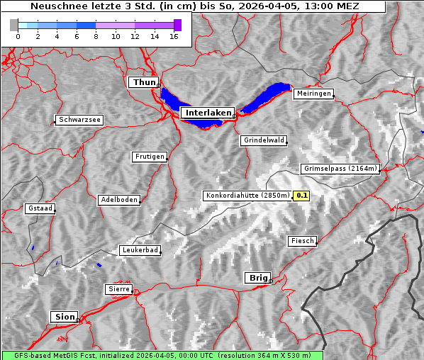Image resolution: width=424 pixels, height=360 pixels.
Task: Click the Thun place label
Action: point(144,83)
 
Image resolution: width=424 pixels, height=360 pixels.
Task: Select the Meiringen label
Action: point(313,94)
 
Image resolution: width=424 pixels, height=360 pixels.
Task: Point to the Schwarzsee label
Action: point(79,120)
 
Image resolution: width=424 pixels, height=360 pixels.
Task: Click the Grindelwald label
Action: point(264,140)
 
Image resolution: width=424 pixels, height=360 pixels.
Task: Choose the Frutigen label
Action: point(149,157)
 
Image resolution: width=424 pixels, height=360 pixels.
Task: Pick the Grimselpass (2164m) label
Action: point(340,169)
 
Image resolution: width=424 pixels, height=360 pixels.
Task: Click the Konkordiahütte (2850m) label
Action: point(247,196)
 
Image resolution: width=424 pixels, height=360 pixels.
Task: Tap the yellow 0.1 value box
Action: point(302,196)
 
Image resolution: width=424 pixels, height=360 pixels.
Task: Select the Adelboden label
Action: point(118,200)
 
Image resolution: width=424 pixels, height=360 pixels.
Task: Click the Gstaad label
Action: point(40,209)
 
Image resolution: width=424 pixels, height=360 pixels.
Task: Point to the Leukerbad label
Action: point(140,250)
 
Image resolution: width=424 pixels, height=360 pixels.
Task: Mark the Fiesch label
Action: point(302,241)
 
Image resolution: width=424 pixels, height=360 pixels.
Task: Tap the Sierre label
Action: point(118,289)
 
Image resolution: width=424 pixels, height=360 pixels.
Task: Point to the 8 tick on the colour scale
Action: point(96,36)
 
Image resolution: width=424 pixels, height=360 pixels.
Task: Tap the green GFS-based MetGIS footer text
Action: point(162,355)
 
